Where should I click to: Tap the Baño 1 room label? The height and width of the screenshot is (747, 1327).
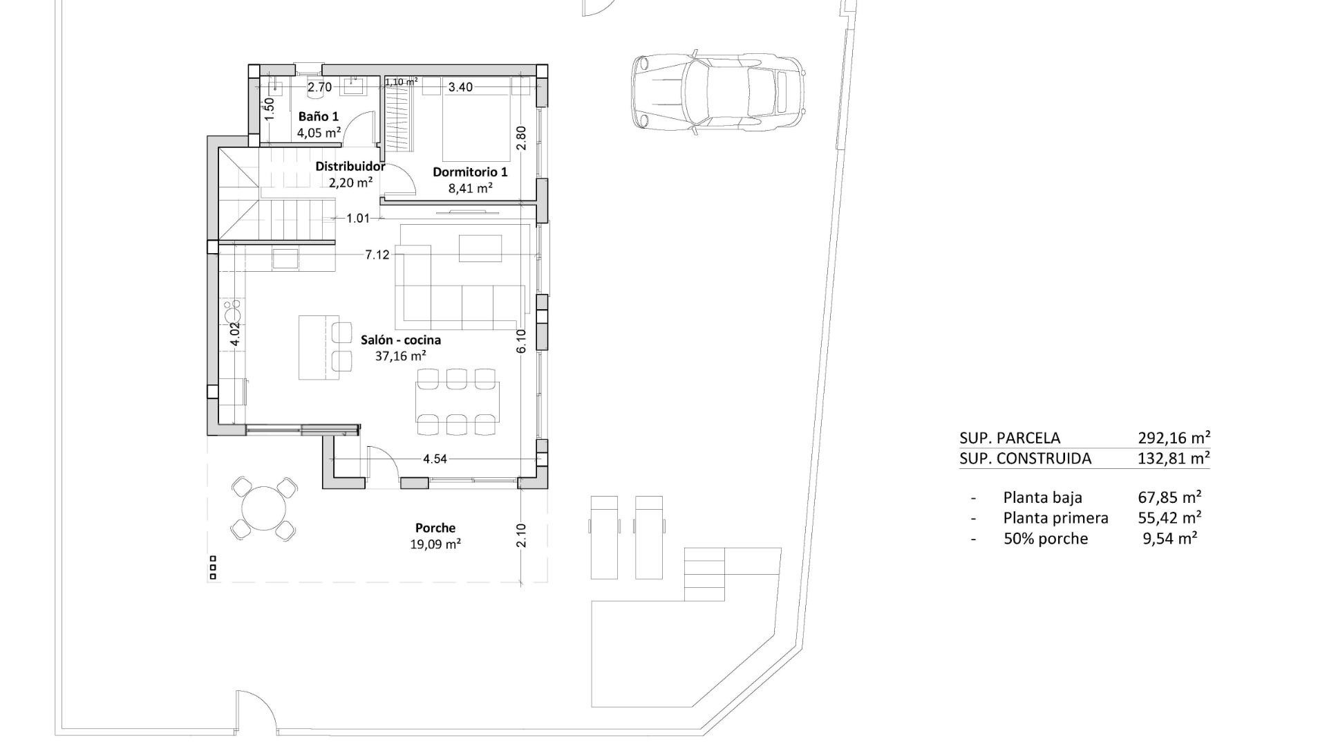(x=318, y=116)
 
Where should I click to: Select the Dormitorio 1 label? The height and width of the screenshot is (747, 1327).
(x=470, y=172)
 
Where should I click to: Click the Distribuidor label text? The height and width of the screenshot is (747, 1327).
(x=350, y=166)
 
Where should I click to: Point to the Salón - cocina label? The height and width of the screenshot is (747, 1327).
(x=401, y=340)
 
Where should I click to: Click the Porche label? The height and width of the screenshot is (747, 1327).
(x=435, y=528)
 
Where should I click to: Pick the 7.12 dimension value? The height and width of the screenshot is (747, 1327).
(x=377, y=255)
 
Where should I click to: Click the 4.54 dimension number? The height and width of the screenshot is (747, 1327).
(x=435, y=459)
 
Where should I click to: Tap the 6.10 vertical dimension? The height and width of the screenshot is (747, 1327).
(x=521, y=340)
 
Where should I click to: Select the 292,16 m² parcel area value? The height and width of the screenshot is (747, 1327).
(x=1174, y=438)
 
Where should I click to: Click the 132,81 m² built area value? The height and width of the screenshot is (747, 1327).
(x=1174, y=458)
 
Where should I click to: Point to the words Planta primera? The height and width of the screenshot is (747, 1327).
(x=1055, y=517)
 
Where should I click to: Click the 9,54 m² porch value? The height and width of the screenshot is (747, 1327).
(x=1169, y=538)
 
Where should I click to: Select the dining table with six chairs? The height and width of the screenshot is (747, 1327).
(x=457, y=402)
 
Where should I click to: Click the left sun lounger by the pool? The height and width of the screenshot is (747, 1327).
(x=603, y=537)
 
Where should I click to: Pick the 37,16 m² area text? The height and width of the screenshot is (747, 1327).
(x=400, y=356)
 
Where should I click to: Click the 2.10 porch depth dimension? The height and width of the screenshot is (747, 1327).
(x=521, y=535)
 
